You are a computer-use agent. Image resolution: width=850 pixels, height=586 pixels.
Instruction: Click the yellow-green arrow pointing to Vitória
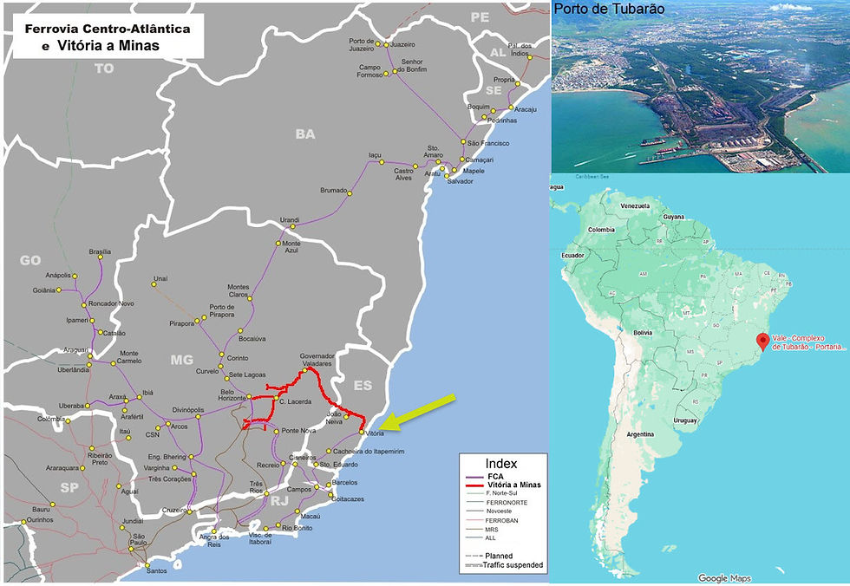tap(422, 412)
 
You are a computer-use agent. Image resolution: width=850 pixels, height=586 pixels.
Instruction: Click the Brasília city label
tap(100, 252)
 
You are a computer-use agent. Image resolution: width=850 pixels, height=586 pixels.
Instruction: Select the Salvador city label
tap(461, 181)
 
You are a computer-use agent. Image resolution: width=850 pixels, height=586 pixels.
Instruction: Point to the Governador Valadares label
tap(317, 360)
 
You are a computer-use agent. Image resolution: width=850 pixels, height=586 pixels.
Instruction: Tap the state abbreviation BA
tap(305, 134)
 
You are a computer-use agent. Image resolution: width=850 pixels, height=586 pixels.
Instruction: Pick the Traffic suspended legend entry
tap(514, 565)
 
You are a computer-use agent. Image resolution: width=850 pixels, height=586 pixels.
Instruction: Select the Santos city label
tap(157, 570)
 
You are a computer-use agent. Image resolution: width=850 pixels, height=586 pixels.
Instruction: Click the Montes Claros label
tap(238, 291)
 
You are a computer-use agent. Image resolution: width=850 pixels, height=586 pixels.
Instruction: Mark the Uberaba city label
tap(71, 406)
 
